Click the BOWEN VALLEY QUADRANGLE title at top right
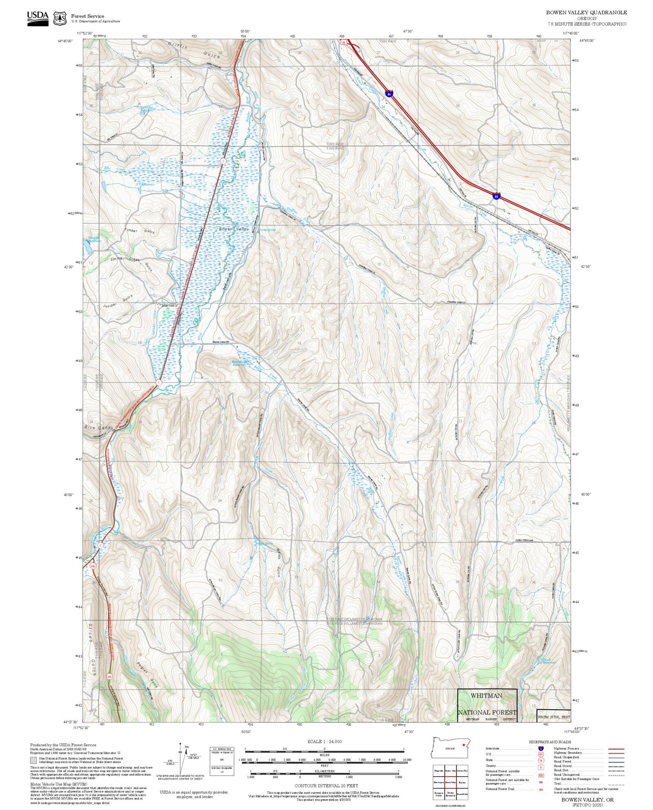(586, 13)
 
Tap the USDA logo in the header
(38, 18)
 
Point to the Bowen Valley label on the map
(234, 229)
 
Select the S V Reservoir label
(146, 184)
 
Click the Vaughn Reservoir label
(94, 239)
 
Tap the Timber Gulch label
(139, 231)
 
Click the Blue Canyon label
(99, 427)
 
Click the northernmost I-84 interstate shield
(389, 93)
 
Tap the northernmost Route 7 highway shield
(223, 161)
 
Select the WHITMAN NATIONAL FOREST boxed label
(487, 704)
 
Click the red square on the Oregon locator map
(464, 745)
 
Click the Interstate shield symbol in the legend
(540, 749)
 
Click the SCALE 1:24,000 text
(324, 741)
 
